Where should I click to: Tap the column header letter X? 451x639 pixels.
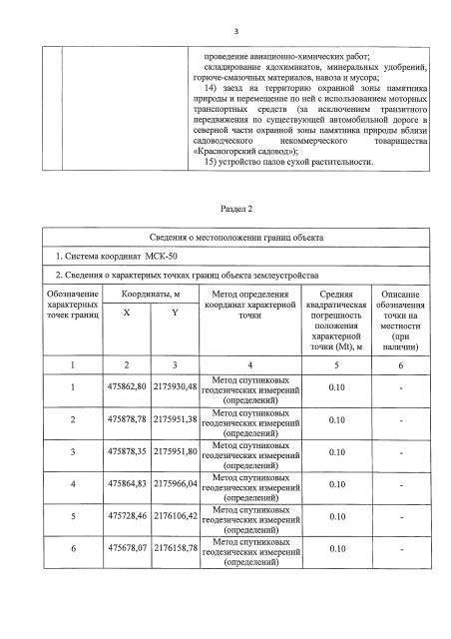tap(125, 313)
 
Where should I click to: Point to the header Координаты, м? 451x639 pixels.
tap(150, 295)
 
